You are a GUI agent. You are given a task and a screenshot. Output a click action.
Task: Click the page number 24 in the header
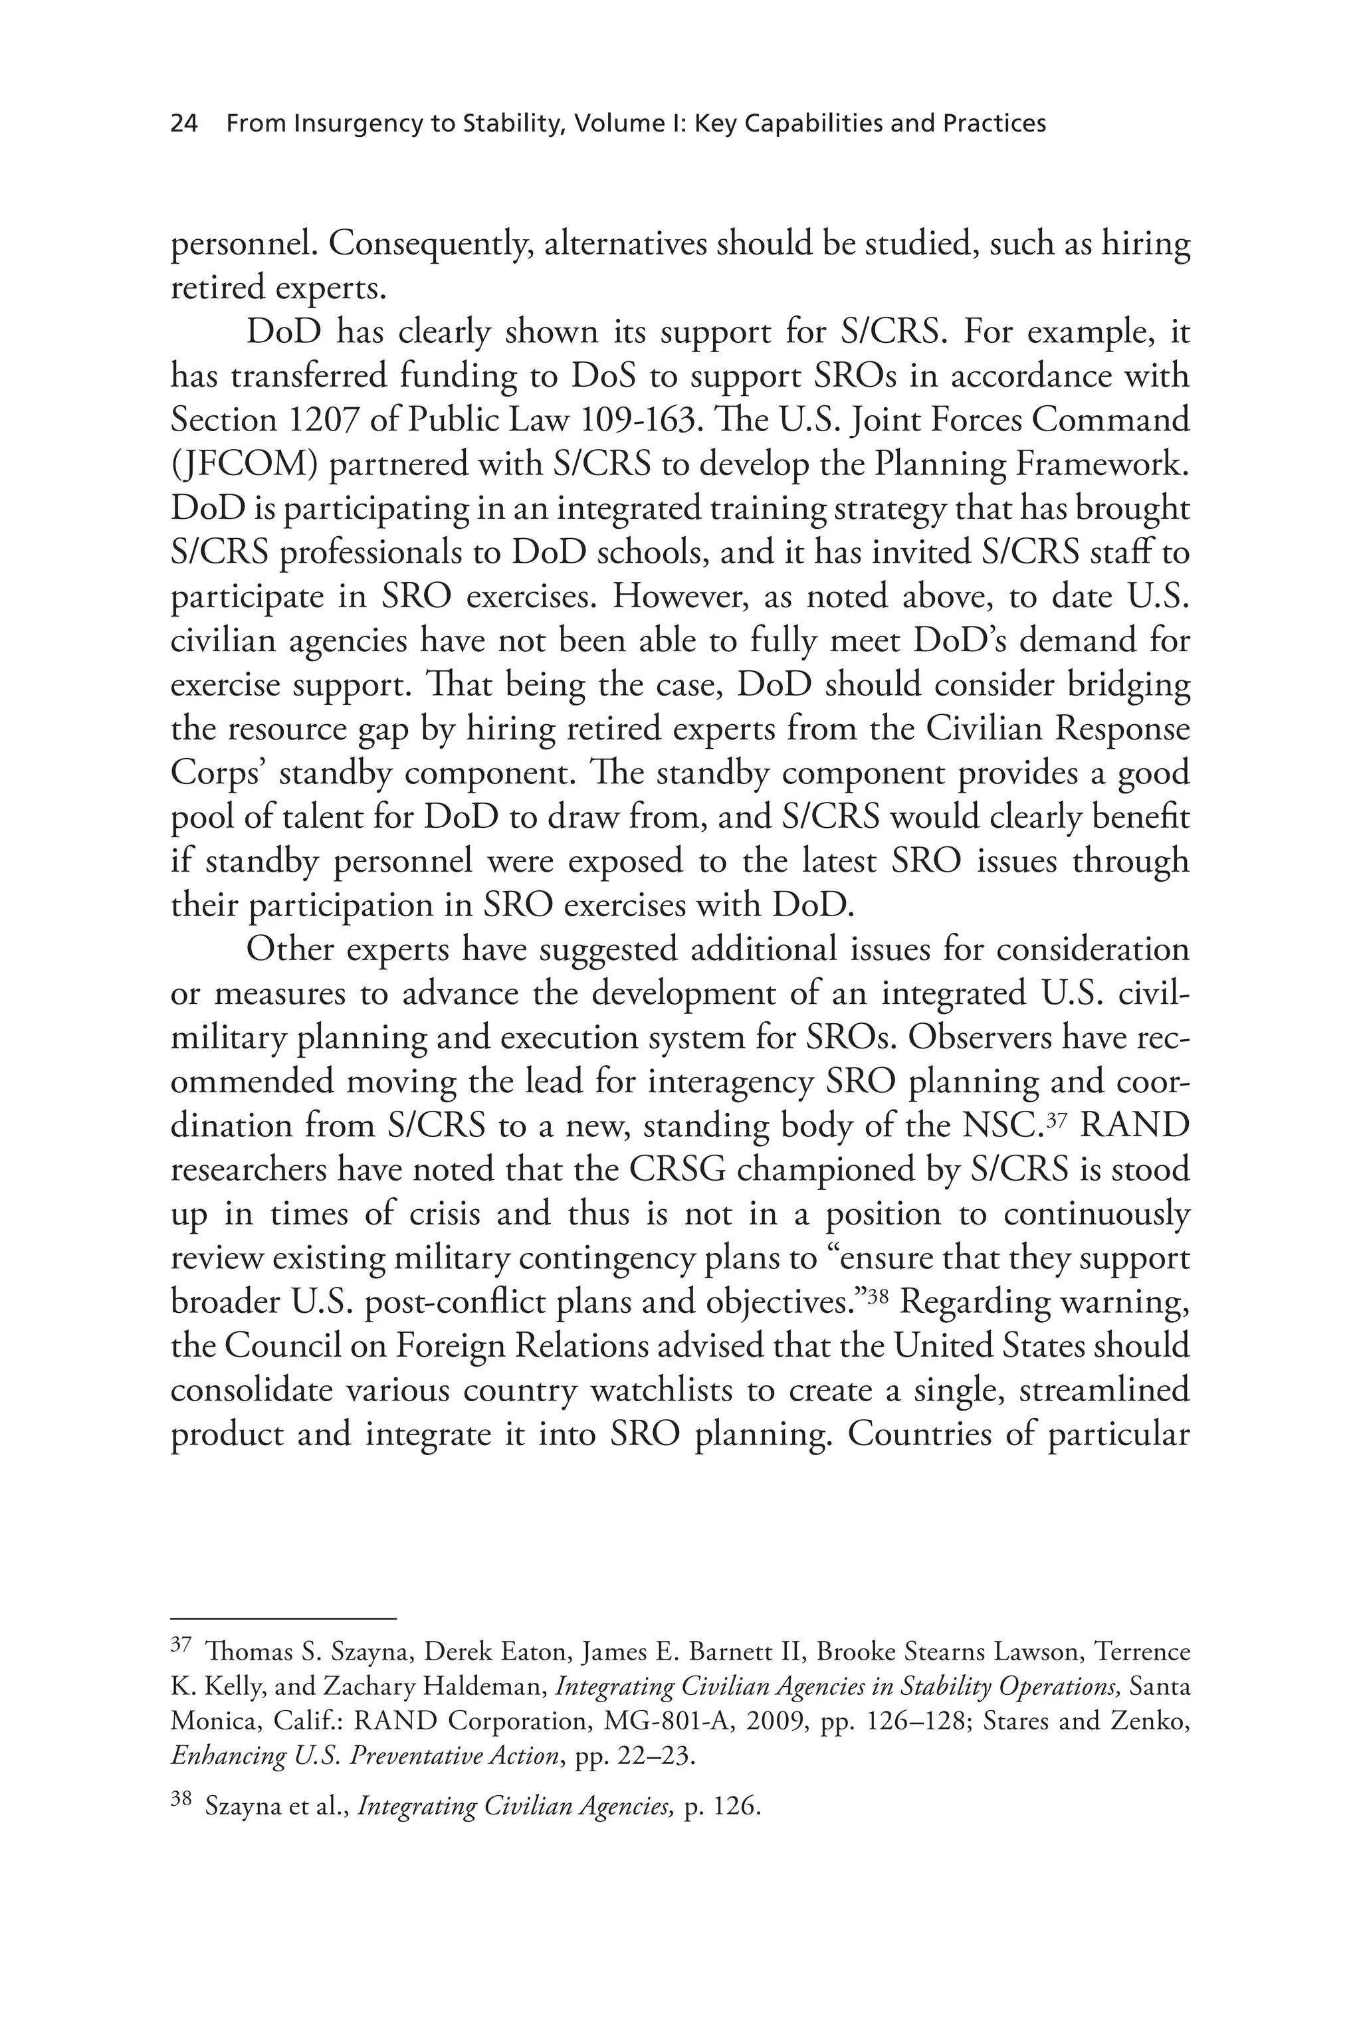pos(184,124)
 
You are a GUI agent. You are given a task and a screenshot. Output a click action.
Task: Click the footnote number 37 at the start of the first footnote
pos(181,1644)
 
